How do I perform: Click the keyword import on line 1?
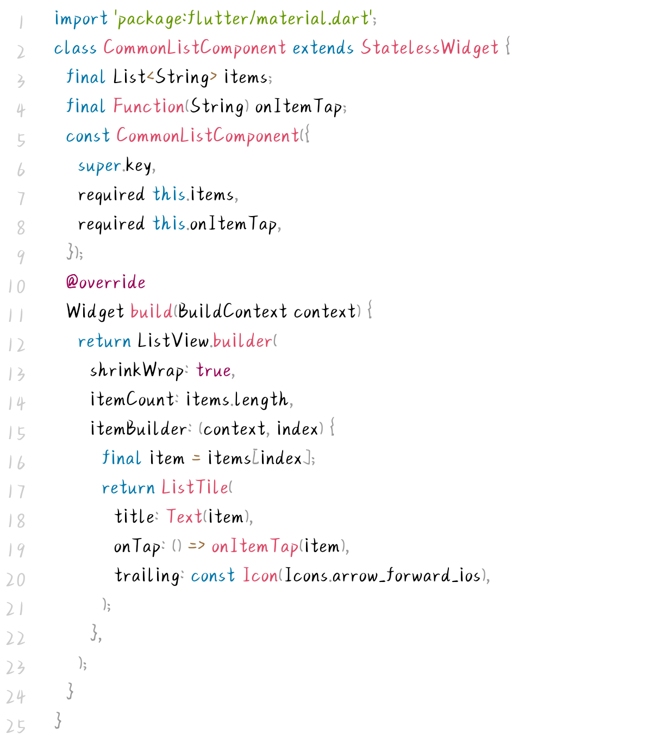(81, 20)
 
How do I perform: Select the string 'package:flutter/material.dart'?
(243, 20)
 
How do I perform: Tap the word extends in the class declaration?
(323, 48)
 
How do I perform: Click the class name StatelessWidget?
(429, 48)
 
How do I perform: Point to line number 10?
(17, 286)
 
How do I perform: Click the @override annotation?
(105, 282)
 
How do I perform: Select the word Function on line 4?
(149, 106)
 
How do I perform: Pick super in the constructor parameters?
(99, 166)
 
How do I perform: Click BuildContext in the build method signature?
(232, 312)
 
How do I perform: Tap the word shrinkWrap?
(136, 371)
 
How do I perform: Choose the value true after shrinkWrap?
(214, 371)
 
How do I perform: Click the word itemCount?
(132, 400)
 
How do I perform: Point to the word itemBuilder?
(139, 429)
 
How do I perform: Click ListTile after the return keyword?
(195, 488)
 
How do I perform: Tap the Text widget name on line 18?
(184, 517)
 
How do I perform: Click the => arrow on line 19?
(196, 546)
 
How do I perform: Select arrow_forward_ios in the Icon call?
(407, 575)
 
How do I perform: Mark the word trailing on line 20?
(147, 575)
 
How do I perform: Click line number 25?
(16, 726)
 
